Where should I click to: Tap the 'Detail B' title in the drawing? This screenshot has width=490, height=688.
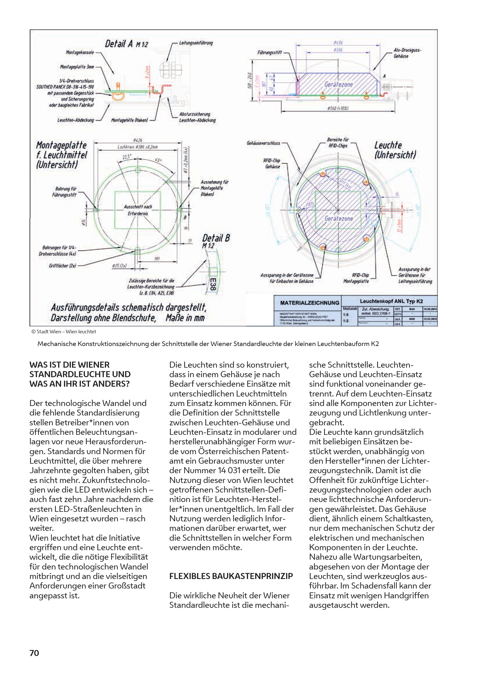click(x=216, y=238)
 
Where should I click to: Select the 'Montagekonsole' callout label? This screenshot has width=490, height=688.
click(x=80, y=52)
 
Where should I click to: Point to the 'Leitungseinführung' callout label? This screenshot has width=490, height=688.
click(x=196, y=43)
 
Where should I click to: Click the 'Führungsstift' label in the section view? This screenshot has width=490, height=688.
click(x=269, y=52)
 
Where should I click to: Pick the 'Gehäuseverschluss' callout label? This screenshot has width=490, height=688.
click(x=263, y=143)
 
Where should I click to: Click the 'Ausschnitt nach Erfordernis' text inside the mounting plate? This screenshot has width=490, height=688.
click(x=138, y=210)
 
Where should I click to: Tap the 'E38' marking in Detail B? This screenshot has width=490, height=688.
click(x=213, y=285)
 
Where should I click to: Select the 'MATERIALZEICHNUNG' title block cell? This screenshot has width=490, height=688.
click(x=309, y=303)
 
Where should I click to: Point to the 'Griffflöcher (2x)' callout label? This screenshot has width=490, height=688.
click(x=63, y=266)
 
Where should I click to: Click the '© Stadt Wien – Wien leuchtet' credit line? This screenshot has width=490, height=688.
click(x=64, y=332)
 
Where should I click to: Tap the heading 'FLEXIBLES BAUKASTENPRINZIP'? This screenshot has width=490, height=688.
click(x=231, y=576)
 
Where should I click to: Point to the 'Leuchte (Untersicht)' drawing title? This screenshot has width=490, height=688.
click(x=395, y=150)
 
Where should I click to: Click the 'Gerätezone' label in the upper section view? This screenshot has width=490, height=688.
click(x=338, y=84)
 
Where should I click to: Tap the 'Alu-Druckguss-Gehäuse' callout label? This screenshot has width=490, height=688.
click(x=407, y=53)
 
